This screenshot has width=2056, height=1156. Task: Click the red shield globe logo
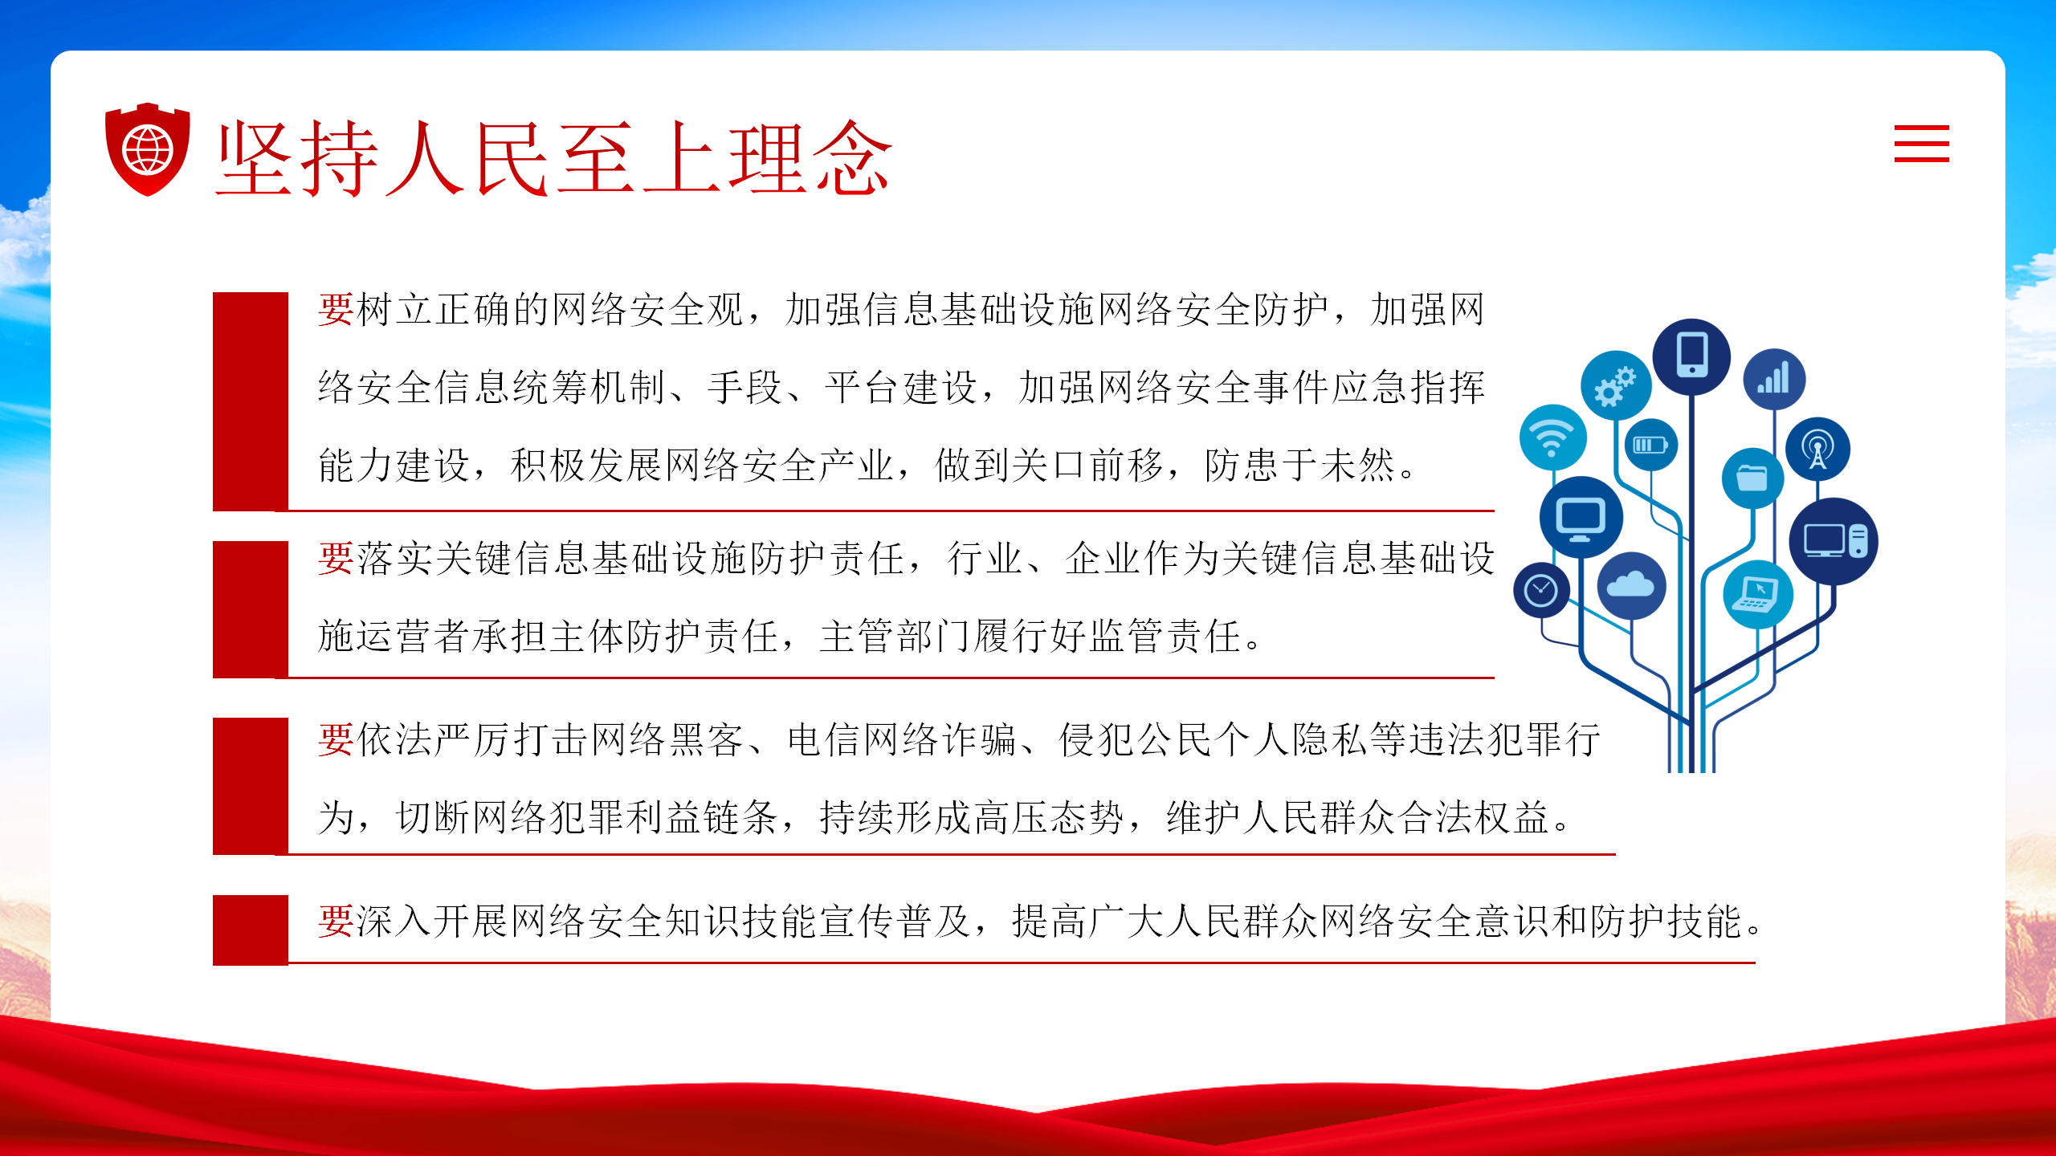tap(148, 149)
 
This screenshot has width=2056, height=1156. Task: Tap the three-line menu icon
tap(1921, 144)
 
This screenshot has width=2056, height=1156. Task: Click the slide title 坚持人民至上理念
tap(554, 158)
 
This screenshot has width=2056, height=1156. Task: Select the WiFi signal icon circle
tap(1552, 438)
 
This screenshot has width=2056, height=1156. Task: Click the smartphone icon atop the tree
tap(1691, 356)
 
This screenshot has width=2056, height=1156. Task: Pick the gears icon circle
tap(1616, 385)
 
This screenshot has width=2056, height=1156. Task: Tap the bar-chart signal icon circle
tap(1774, 379)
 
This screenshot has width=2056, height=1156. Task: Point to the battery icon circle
tap(1650, 445)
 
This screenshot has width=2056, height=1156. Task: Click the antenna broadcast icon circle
tap(1817, 449)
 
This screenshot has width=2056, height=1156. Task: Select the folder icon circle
tap(1752, 478)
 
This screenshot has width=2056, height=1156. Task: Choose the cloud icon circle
tap(1631, 585)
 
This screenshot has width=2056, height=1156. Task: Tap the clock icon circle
tap(1541, 590)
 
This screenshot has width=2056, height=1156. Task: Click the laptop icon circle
tap(1758, 594)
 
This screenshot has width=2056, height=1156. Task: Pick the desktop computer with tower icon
tap(1834, 541)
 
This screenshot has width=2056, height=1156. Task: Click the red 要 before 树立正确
tap(336, 310)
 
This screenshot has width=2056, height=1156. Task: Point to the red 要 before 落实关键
tap(336, 559)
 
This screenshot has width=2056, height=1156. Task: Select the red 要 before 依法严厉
tap(336, 739)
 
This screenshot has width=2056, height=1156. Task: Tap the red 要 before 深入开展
tap(336, 921)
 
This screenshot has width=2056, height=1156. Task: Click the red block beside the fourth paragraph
tap(251, 930)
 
